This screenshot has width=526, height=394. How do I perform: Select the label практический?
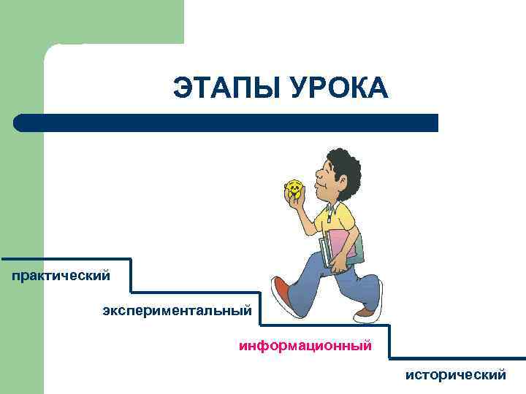[61, 276]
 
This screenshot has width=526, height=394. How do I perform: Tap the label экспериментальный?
[177, 312]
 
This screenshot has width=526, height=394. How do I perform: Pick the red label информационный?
[305, 344]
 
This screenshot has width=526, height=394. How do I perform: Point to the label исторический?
[456, 375]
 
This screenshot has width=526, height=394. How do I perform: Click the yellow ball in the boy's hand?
[294, 190]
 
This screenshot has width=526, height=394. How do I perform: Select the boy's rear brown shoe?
[365, 312]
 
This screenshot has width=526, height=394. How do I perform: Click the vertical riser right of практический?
[131, 276]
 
